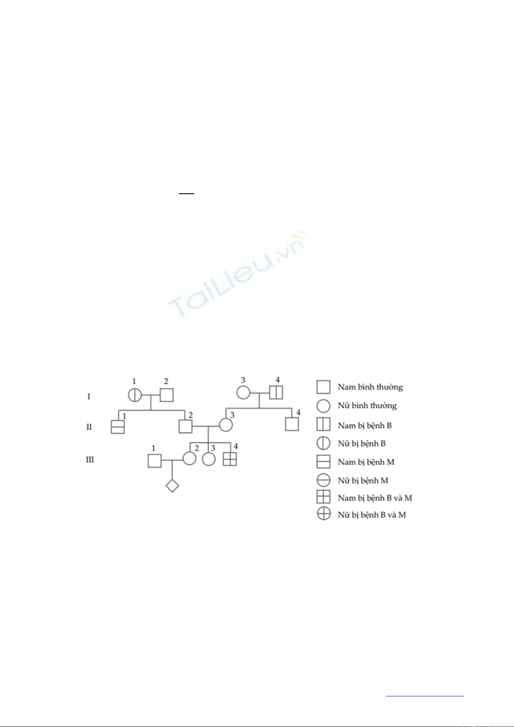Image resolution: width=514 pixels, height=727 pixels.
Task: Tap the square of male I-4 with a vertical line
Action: click(x=276, y=392)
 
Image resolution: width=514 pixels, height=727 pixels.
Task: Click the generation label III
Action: click(x=90, y=459)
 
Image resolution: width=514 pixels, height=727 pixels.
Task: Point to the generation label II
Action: click(x=89, y=427)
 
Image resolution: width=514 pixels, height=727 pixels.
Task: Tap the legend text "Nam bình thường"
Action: click(x=370, y=387)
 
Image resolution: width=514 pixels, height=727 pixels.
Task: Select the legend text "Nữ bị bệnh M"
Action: click(x=363, y=480)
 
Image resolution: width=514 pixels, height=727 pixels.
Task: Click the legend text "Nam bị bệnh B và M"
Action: click(x=375, y=498)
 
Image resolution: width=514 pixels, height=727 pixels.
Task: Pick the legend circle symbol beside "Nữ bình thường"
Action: click(x=324, y=406)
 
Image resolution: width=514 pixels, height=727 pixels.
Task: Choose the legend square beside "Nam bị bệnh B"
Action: click(x=324, y=424)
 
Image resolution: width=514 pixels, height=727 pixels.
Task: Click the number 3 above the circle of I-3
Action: click(x=243, y=380)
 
